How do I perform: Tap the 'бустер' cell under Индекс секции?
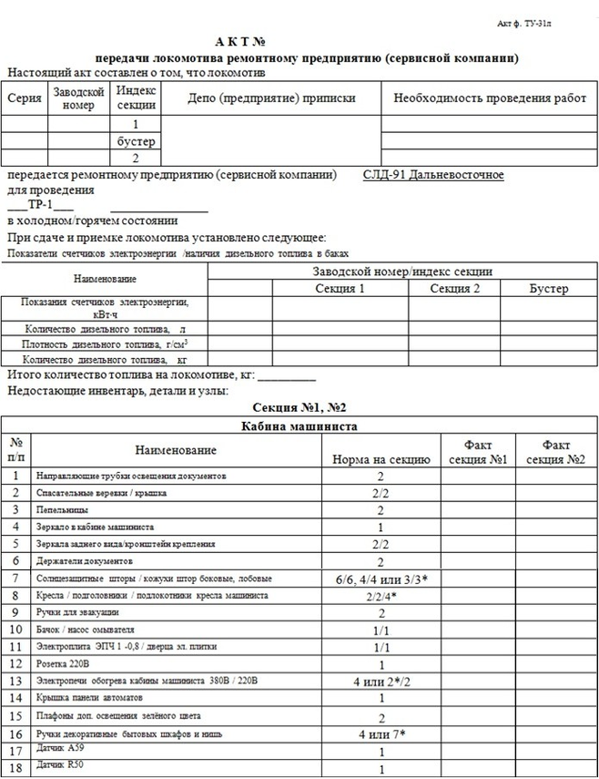click(x=137, y=141)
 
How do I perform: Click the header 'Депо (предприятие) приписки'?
click(x=270, y=98)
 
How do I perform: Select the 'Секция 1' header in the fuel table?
click(x=340, y=289)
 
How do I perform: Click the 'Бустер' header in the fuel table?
click(x=549, y=289)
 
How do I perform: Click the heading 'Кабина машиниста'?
click(x=298, y=425)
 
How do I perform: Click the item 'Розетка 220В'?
click(x=68, y=663)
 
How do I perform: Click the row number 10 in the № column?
click(x=15, y=629)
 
